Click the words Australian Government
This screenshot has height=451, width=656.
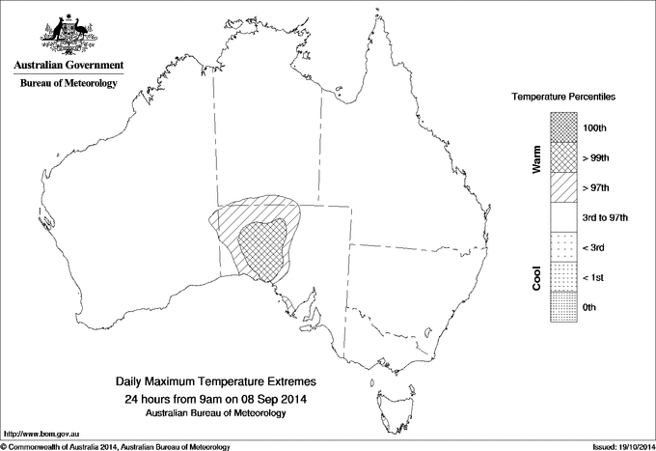(68, 66)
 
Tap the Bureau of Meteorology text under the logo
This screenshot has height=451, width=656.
(68, 83)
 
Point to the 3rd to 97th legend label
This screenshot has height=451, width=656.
(606, 217)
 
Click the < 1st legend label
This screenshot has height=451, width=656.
(595, 277)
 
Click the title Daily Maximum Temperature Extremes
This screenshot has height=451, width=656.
(215, 382)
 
